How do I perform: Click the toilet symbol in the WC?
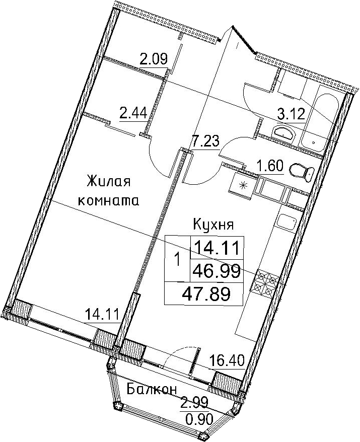pos(302,172)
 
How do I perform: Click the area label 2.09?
pos(154,59)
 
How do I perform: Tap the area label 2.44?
pos(133,114)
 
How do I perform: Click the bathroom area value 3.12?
pos(291,115)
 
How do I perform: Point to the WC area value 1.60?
pos(269,166)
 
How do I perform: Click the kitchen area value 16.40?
pos(227,361)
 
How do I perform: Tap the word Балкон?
pos(152,390)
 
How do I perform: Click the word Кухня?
pos(213,225)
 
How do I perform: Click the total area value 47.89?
pos(206,293)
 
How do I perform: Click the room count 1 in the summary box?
pos(177,260)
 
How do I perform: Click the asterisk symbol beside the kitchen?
pos(243,185)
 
